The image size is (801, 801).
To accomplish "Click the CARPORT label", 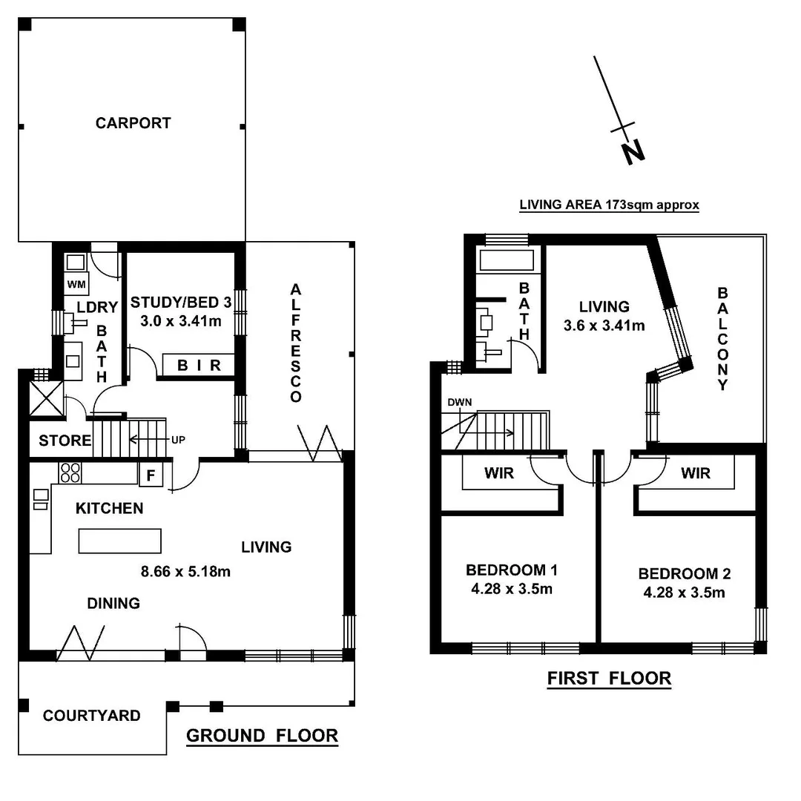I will (x=133, y=123).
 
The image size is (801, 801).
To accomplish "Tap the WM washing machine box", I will (x=76, y=284).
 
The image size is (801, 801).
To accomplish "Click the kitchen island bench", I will (x=120, y=541).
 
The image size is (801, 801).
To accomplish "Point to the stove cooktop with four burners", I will (x=70, y=472).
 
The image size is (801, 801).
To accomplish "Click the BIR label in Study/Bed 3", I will (x=199, y=366).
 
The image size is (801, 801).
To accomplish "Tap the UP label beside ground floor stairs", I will (x=178, y=439).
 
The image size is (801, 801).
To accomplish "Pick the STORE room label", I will (x=65, y=441).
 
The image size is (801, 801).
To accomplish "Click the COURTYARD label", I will (x=91, y=716).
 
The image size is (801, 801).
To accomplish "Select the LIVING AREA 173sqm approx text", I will (x=609, y=205).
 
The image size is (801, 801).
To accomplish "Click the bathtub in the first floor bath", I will (x=506, y=260).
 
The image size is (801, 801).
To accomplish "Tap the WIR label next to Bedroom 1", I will (x=499, y=472).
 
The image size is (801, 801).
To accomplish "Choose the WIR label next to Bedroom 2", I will (x=695, y=472).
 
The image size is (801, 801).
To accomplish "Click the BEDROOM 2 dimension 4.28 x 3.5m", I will (x=684, y=592).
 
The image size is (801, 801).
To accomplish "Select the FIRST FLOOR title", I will (x=609, y=678).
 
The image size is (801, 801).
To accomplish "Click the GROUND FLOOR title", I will (x=262, y=736).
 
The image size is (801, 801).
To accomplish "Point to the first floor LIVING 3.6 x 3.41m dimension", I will (x=604, y=325).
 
